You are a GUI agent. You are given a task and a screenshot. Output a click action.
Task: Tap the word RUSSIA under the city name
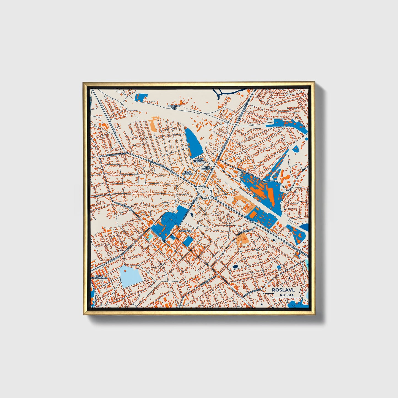(x=286, y=295)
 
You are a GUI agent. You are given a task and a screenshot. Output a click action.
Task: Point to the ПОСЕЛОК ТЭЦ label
(x=174, y=107)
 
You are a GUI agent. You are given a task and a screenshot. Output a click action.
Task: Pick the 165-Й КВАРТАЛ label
(x=187, y=173)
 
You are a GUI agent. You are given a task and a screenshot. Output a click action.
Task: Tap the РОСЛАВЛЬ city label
(x=184, y=231)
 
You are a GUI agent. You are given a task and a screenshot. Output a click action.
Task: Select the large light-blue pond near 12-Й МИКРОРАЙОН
(x=131, y=275)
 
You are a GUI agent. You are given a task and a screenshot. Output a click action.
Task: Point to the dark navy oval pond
(x=235, y=267)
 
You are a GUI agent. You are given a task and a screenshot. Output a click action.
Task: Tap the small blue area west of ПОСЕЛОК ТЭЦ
(x=141, y=97)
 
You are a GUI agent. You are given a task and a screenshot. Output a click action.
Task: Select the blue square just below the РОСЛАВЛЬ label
(x=188, y=241)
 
